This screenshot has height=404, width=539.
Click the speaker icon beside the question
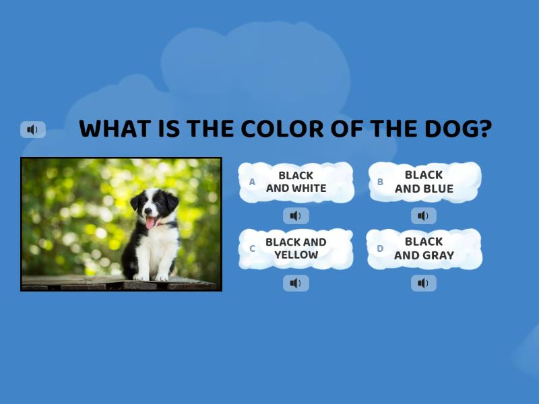click(32, 129)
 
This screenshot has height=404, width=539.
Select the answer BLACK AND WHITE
click(296, 182)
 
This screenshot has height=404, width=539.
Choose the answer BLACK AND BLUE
click(424, 182)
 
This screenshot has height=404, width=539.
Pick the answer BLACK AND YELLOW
click(296, 248)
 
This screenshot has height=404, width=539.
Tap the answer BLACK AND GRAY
click(424, 248)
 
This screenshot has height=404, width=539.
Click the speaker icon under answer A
click(296, 215)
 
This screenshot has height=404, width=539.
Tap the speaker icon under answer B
click(423, 215)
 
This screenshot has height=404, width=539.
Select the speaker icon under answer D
click(423, 283)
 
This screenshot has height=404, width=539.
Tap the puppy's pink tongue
click(150, 222)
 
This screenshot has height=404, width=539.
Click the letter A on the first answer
click(252, 182)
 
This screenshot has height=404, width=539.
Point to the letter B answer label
click(380, 182)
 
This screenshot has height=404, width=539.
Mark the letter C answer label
click(252, 248)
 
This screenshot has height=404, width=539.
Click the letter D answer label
click(380, 248)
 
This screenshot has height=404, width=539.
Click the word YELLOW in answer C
click(296, 255)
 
